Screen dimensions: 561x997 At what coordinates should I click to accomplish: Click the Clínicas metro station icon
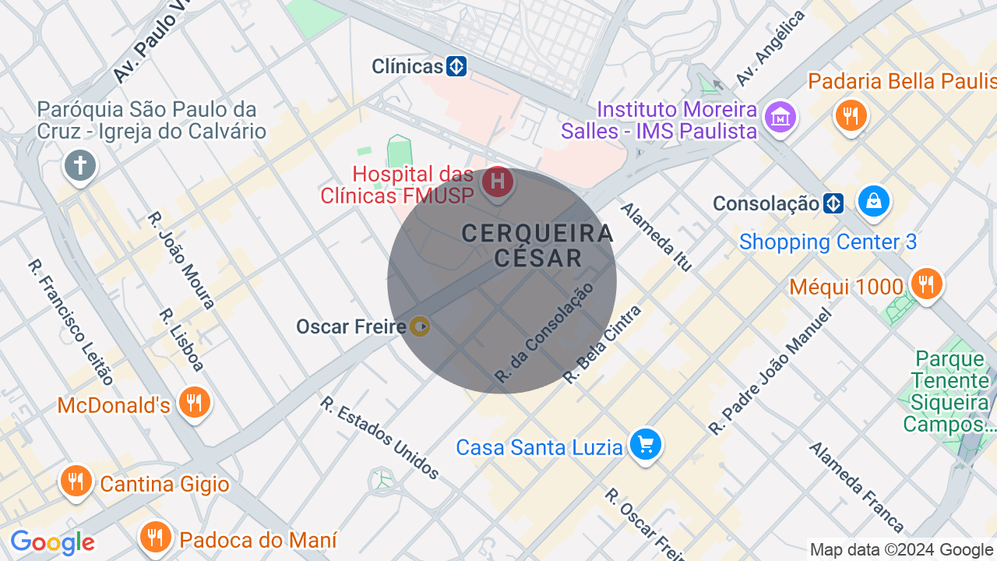[x=456, y=66]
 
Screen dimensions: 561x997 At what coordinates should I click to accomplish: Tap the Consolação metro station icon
[x=833, y=204]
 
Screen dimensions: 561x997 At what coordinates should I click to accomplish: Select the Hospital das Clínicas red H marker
[x=497, y=184]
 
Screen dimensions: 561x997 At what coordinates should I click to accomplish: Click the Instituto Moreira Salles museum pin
[x=779, y=118]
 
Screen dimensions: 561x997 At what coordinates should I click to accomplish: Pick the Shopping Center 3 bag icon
[x=874, y=202]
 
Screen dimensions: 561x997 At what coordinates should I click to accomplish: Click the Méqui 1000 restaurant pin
[x=926, y=284]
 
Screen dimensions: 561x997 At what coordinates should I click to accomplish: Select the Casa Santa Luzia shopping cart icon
[x=646, y=445]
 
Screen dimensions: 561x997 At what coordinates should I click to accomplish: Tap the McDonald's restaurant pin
[x=194, y=403]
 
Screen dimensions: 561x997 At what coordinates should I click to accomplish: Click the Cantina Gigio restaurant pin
[x=76, y=482]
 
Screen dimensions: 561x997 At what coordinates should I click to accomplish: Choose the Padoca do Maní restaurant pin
[x=156, y=537]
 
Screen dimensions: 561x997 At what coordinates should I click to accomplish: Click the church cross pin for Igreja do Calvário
[x=79, y=166]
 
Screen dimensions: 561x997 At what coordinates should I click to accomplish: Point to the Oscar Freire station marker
[x=420, y=326]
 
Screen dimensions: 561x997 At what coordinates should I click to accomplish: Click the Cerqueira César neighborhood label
[x=537, y=245]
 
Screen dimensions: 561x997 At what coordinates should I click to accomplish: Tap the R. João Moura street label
[x=181, y=260]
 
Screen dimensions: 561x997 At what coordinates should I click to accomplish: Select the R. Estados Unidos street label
[x=380, y=438]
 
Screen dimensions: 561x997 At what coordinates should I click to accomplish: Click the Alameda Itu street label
[x=656, y=237]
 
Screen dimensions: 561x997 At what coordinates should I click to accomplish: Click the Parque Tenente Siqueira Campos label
[x=949, y=392]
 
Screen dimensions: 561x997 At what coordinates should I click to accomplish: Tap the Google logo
[x=52, y=542]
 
